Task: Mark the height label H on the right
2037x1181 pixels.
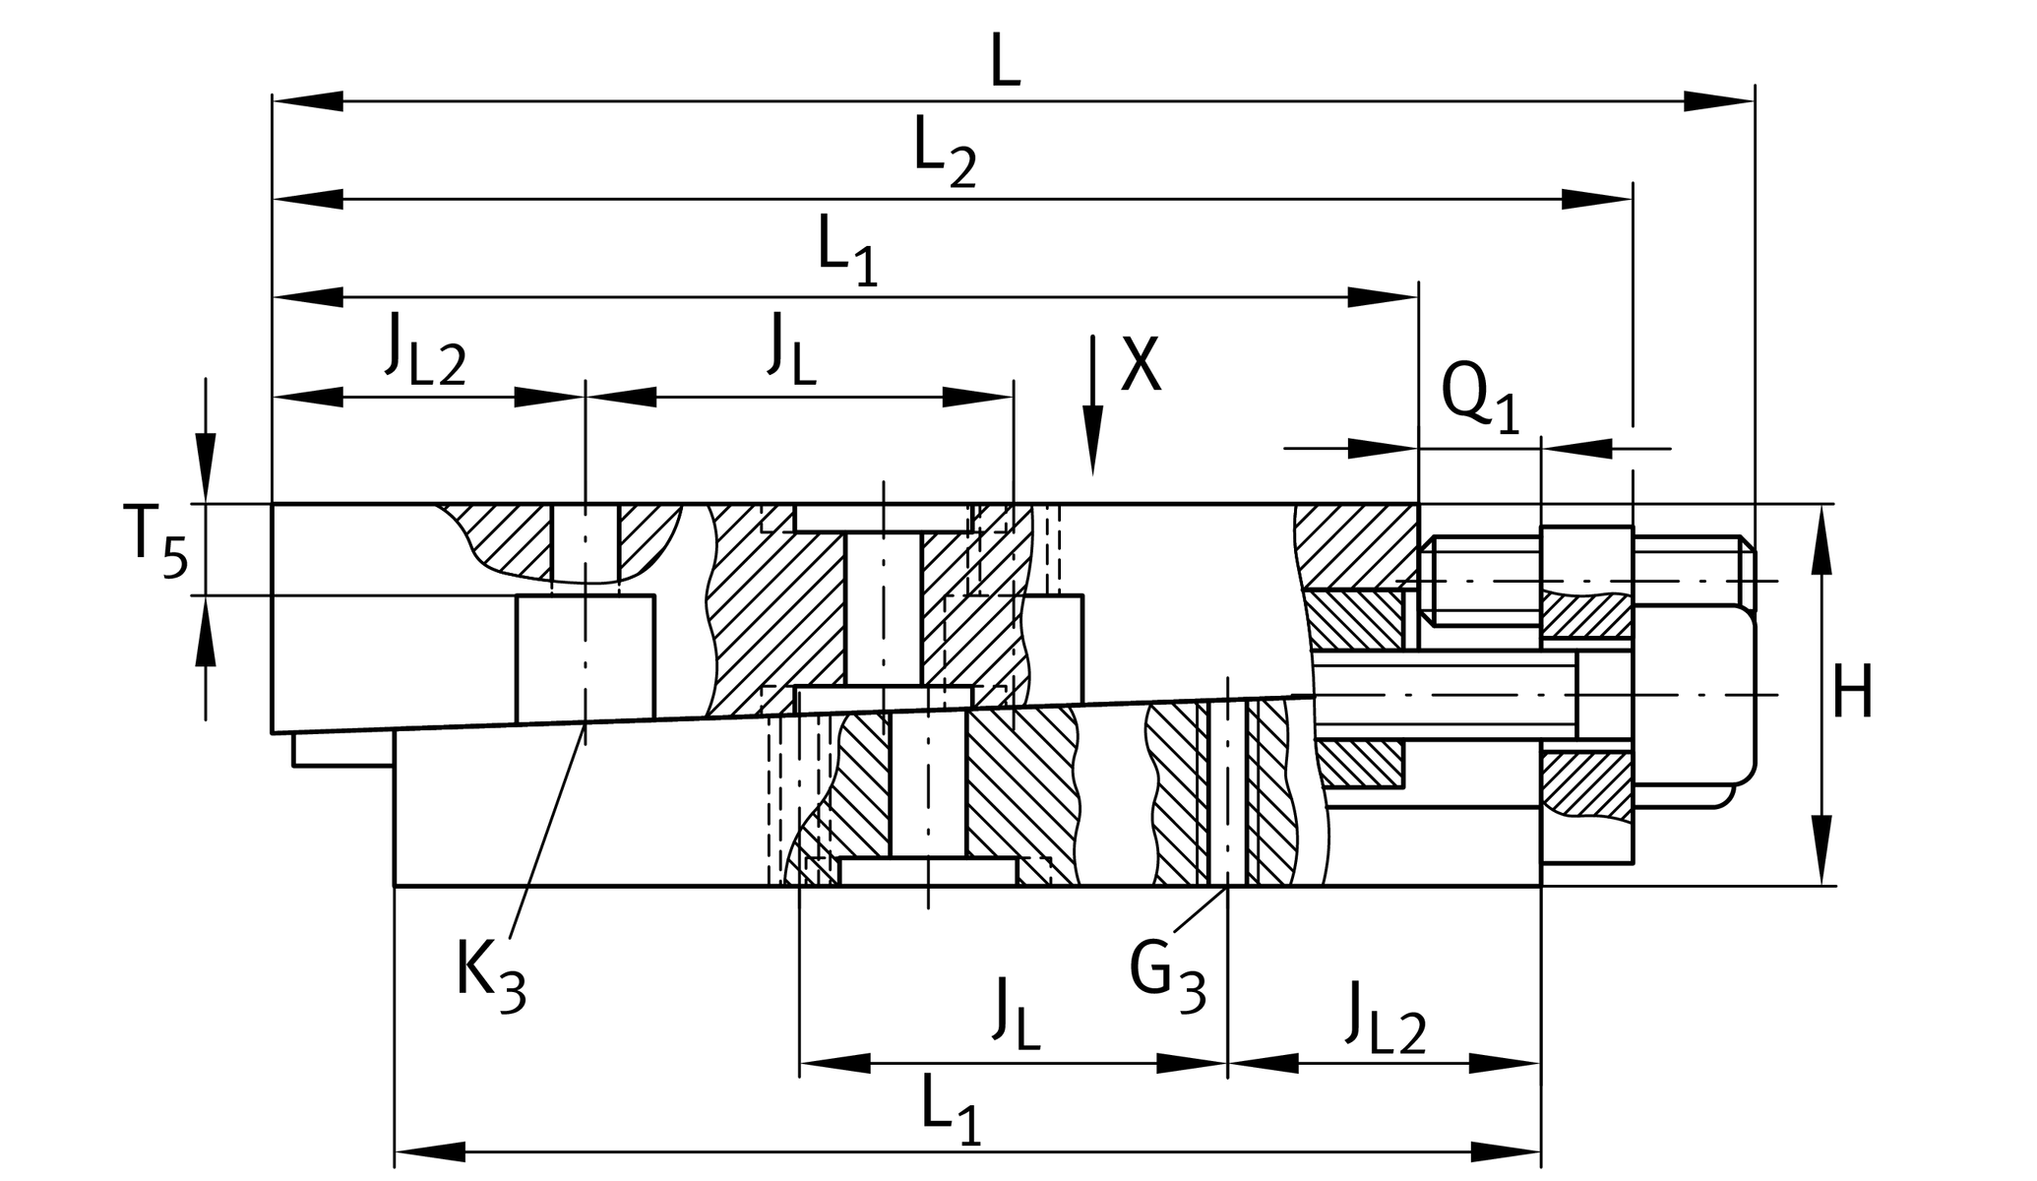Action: (x=1852, y=694)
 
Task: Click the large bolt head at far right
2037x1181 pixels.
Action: (x=1693, y=695)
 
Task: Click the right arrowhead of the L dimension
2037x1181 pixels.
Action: (x=1718, y=100)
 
